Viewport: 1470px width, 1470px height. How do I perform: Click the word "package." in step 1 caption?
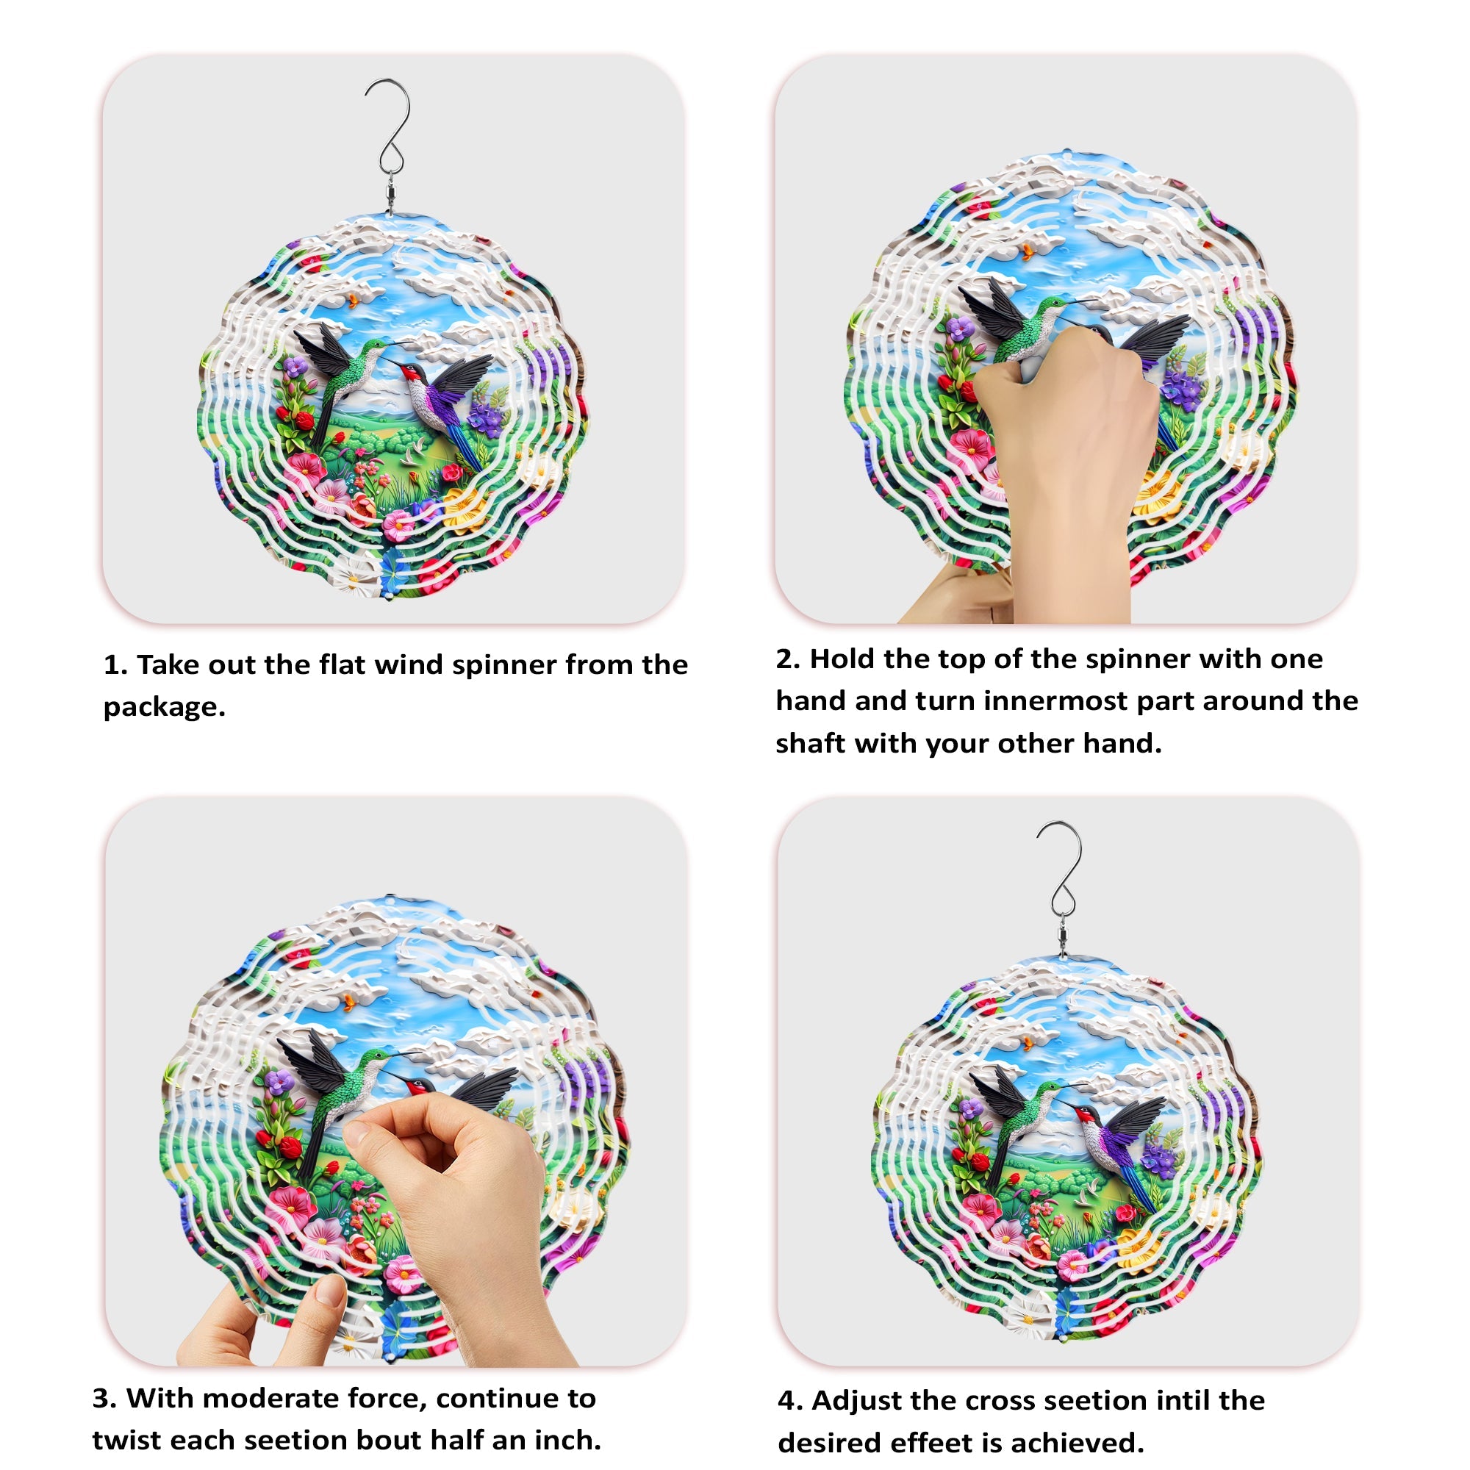click(x=165, y=708)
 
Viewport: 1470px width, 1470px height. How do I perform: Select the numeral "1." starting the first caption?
click(x=115, y=665)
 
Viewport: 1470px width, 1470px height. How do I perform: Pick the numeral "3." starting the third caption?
click(x=104, y=1399)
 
